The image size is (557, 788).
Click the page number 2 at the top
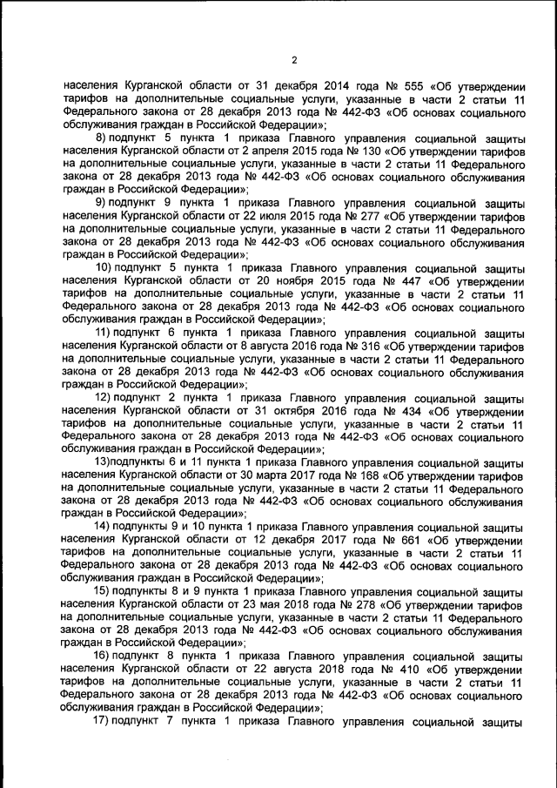tap(294, 59)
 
